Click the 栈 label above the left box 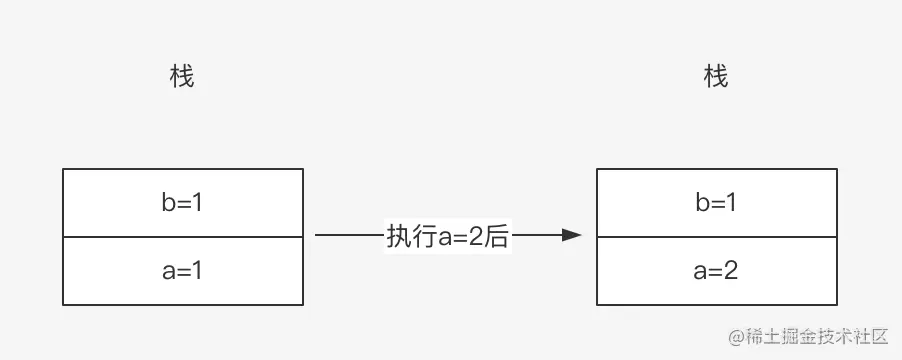click(182, 77)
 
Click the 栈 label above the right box click(716, 77)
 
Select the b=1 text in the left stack click(182, 202)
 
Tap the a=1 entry click(182, 270)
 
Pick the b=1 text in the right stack click(716, 202)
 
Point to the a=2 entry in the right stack click(716, 270)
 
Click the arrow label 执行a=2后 click(448, 236)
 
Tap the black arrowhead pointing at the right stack click(572, 236)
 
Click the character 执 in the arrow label click(397, 236)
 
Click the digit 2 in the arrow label click(476, 236)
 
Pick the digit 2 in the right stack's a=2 click(731, 270)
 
